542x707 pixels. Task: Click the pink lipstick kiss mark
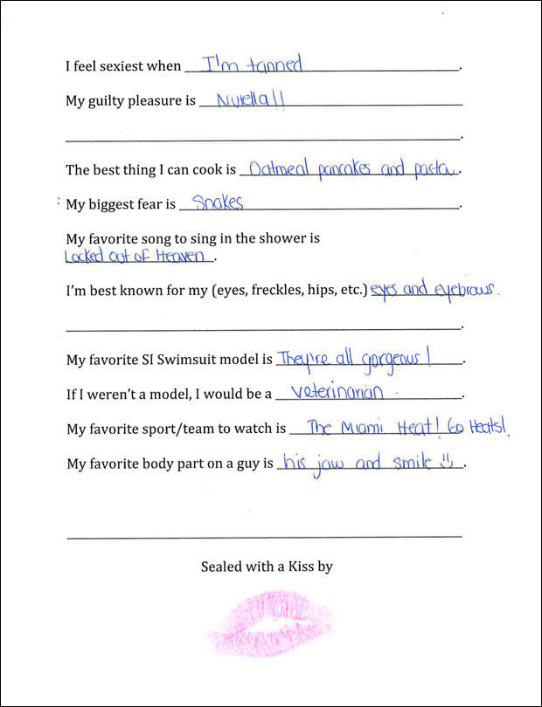pyautogui.click(x=271, y=621)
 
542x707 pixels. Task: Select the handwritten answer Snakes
pyautogui.click(x=217, y=202)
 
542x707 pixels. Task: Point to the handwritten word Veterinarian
pyautogui.click(x=337, y=393)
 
